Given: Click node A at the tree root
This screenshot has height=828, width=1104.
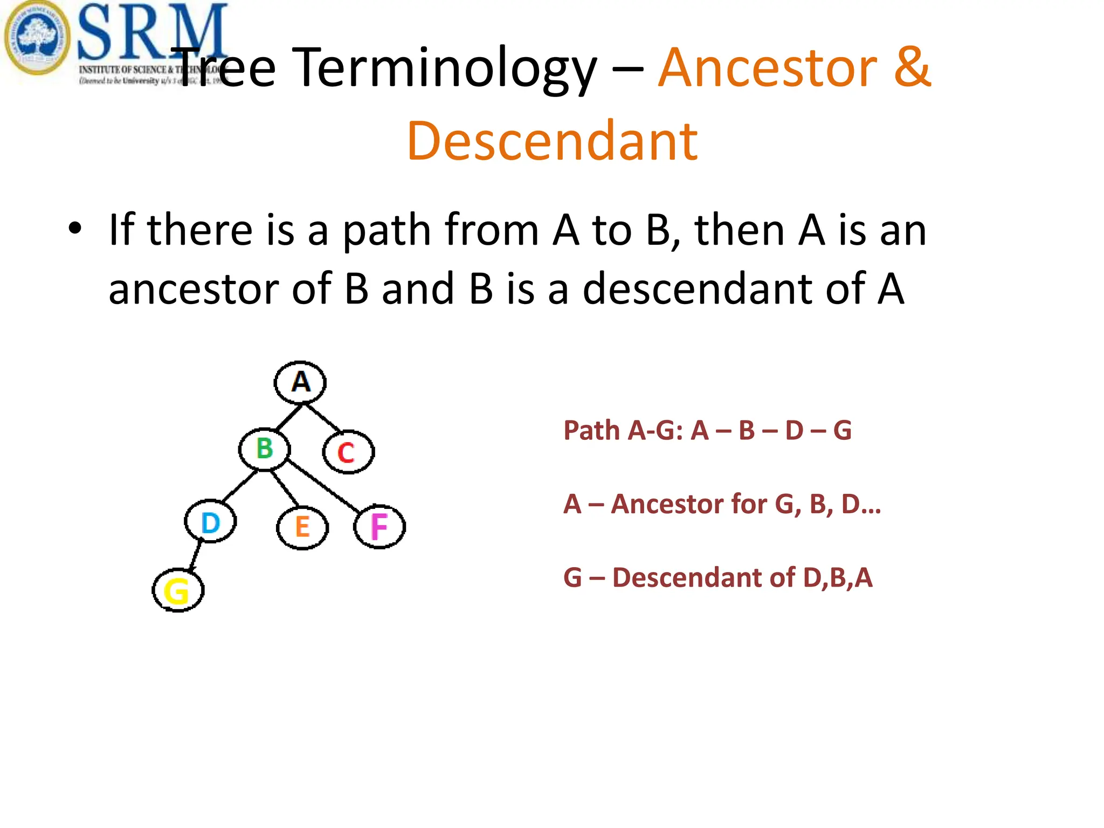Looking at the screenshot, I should coord(300,382).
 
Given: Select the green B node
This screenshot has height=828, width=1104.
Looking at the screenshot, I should coord(265,449).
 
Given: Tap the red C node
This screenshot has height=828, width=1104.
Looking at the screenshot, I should coord(348,452).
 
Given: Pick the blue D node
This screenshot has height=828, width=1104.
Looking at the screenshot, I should coord(210,522).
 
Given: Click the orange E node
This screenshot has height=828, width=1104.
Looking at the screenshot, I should coord(302,527).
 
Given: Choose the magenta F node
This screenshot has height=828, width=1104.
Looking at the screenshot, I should coord(379,527).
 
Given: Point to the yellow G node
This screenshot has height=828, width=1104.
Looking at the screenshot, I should coord(178,590).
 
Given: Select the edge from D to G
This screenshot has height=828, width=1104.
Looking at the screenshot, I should coord(196,555).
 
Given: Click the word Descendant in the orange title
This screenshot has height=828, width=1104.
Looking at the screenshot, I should coord(552,141).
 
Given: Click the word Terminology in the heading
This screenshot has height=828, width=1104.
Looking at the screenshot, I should coord(447,68).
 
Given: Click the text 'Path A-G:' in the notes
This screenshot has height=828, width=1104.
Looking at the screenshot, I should coord(623,431).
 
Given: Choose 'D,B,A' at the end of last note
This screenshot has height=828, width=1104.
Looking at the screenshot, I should coord(837,578).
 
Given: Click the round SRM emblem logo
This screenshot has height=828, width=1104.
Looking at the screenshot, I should coord(37,38).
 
